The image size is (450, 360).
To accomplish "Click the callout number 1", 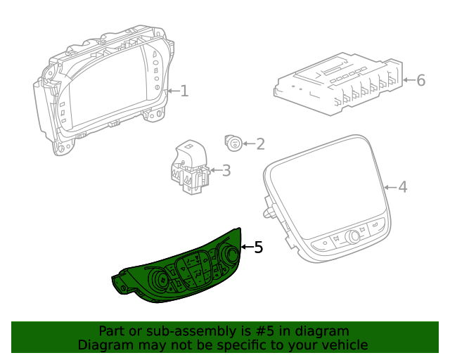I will pyautogui.click(x=184, y=91).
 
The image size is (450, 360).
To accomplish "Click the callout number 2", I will pyautogui.click(x=260, y=144).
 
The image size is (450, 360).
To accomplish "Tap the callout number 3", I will pyautogui.click(x=226, y=170).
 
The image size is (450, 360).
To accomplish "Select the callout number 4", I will pyautogui.click(x=402, y=187).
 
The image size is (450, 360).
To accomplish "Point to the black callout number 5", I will pyautogui.click(x=258, y=247).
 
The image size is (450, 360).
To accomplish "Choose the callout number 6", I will pyautogui.click(x=421, y=80).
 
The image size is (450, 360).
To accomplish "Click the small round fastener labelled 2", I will pyautogui.click(x=233, y=143).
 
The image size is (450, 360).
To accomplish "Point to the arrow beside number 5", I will pyautogui.click(x=246, y=247).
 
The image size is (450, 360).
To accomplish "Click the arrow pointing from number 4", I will pyautogui.click(x=390, y=187).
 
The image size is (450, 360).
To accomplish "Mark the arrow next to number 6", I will pyautogui.click(x=410, y=80).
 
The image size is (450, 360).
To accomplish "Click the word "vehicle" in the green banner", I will pyautogui.click(x=344, y=345).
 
